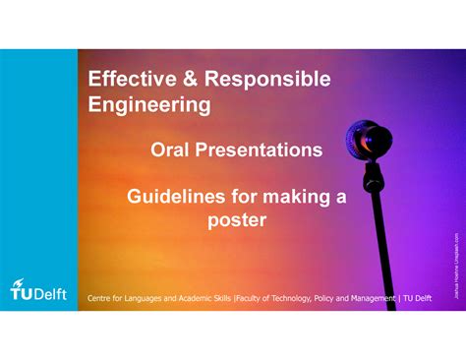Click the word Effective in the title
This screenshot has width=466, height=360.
pyautogui.click(x=130, y=80)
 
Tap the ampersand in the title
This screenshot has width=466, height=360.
pyautogui.click(x=185, y=80)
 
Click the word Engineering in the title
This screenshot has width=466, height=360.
pyautogui.click(x=149, y=104)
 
